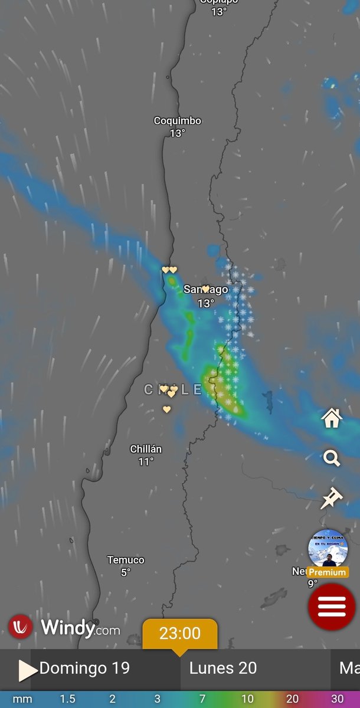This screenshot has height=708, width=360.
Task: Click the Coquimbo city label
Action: click(x=177, y=121)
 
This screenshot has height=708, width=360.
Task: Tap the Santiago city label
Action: click(x=205, y=290)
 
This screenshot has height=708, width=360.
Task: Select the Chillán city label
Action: click(x=146, y=450)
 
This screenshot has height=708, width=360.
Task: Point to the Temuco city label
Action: click(x=126, y=560)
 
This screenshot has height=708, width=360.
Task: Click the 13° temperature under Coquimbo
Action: click(x=177, y=133)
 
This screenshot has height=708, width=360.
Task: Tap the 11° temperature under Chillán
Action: click(x=146, y=461)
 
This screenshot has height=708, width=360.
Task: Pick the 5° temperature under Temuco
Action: click(x=126, y=572)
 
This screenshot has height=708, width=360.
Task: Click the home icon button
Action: click(x=332, y=418)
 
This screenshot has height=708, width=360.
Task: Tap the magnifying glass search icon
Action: click(x=332, y=458)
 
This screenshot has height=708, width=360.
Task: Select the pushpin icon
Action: click(x=332, y=498)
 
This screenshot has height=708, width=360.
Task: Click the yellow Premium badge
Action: click(x=328, y=572)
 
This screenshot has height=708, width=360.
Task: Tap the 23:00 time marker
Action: click(x=180, y=634)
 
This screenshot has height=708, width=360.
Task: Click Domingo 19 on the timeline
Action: click(x=84, y=668)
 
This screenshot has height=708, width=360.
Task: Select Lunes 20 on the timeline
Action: click(x=223, y=668)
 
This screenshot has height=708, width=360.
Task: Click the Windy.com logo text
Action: click(x=80, y=628)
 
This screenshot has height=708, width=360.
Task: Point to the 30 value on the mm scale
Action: click(x=337, y=699)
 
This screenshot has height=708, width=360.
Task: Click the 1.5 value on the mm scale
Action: click(x=67, y=699)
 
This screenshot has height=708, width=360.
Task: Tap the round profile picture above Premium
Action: click(x=328, y=549)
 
